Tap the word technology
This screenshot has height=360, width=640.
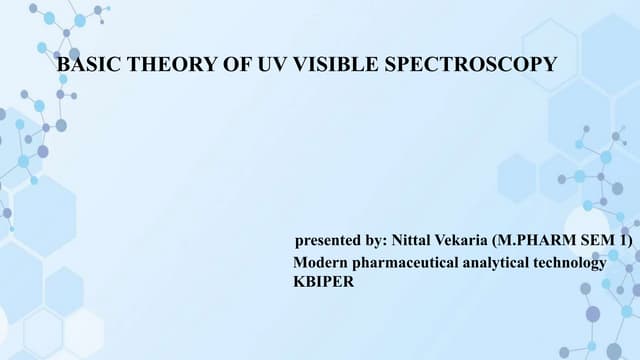tap(571, 262)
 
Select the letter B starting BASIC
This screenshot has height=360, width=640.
tap(65, 65)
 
